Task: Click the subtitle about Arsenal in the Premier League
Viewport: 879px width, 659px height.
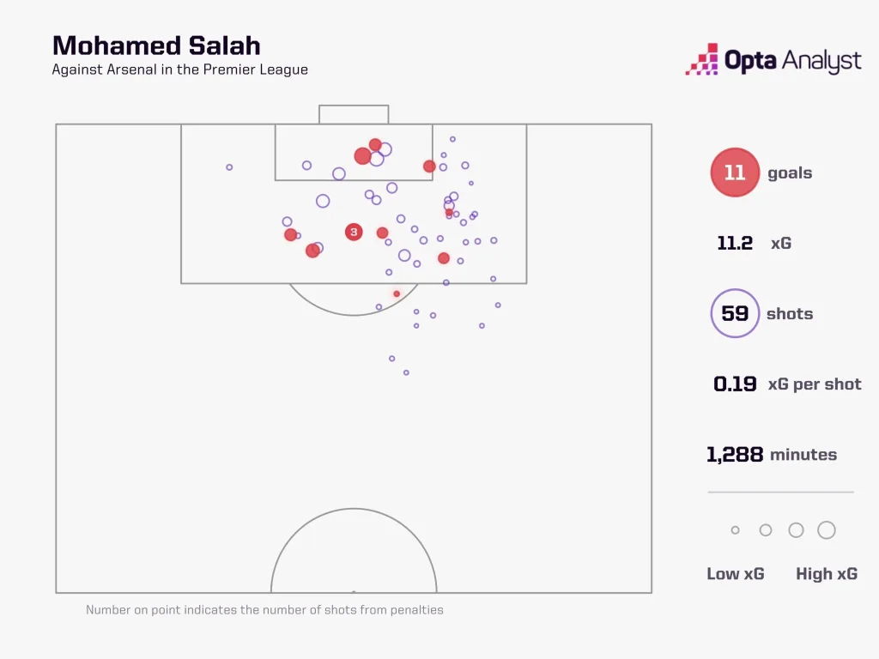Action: [179, 70]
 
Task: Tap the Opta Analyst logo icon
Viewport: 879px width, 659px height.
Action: [702, 60]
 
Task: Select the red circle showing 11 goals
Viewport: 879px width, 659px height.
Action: [735, 172]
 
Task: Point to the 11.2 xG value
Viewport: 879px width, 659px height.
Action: [735, 243]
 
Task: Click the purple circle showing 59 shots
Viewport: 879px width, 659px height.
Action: [735, 313]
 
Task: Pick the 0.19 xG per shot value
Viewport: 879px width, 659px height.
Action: [735, 384]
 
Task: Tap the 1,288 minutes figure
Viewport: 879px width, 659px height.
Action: [735, 455]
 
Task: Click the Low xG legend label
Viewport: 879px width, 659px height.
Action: [735, 574]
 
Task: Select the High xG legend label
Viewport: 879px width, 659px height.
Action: [826, 574]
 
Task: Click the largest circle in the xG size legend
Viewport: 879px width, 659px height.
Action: [826, 530]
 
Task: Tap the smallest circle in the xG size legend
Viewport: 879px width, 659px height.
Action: [735, 530]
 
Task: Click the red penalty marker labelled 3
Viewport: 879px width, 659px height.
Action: [354, 232]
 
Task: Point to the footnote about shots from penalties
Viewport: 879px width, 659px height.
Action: [264, 610]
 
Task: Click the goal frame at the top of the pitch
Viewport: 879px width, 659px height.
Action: [354, 114]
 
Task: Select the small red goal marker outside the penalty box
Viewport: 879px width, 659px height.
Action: [397, 293]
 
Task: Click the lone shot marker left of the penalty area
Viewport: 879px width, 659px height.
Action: [229, 167]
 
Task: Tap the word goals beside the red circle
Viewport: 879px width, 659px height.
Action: [790, 172]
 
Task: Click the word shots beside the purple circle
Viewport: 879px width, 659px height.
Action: [790, 313]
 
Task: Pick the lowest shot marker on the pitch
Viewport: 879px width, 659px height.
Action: [406, 372]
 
